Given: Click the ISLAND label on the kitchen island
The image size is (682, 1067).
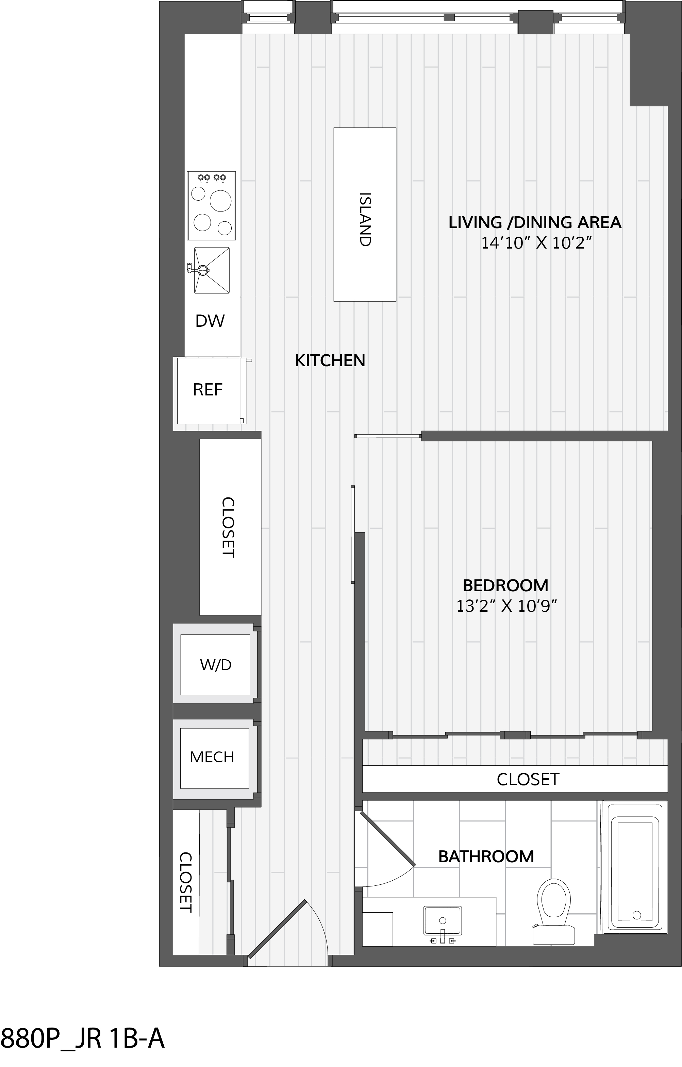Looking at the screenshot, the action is pos(365,219).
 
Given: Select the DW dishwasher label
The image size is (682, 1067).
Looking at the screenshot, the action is pos(210,321).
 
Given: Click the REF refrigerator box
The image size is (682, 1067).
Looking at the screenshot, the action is pos(209,390).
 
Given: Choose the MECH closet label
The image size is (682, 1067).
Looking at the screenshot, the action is pos(212,757).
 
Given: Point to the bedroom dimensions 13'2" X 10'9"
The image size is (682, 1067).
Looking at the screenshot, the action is pos(506,606).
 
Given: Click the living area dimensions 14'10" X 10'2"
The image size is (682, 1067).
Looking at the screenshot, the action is pos(537,243).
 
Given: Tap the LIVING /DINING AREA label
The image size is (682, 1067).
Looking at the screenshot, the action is pos(535,222).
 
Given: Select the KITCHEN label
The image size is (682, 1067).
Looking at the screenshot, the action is pos(330,361).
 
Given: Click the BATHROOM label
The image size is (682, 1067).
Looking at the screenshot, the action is pos(486,857).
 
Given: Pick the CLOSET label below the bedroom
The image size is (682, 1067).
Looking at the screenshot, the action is pos(528,779).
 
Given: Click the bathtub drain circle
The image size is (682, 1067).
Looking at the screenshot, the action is pos(637,915).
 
